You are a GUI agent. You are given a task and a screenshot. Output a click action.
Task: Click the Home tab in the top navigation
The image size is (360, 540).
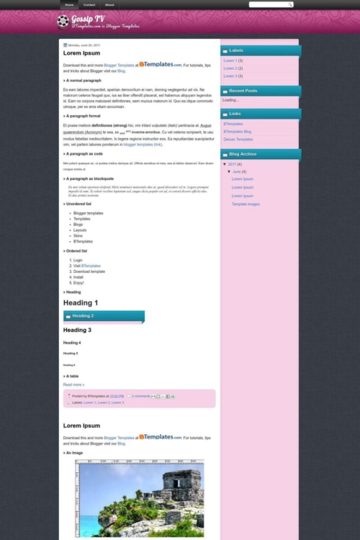point(69,4)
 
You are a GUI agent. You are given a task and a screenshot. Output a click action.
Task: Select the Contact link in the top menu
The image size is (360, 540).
point(89,4)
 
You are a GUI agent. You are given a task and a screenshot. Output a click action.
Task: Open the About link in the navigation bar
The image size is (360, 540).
point(109,4)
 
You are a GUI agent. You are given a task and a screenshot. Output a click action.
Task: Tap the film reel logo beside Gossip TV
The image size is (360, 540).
point(63,21)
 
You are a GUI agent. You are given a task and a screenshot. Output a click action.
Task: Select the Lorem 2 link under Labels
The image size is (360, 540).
point(230,68)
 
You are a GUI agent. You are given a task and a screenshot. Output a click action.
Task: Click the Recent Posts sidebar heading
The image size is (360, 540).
point(243,91)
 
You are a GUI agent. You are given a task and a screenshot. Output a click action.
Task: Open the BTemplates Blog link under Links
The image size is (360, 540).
point(238,132)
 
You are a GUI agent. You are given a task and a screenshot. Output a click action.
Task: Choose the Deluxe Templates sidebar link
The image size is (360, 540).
point(238,139)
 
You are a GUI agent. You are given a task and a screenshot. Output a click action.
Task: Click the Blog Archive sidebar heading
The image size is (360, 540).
point(243,154)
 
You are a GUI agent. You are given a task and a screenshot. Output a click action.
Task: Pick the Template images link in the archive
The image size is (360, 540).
point(246,204)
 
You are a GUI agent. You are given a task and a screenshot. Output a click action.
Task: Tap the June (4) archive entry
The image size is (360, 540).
point(238,171)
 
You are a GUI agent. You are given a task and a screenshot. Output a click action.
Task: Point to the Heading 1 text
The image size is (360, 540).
point(81,303)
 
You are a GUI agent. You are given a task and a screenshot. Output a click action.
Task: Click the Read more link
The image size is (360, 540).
point(73,384)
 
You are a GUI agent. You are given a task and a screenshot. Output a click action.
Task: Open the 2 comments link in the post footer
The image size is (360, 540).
point(141,396)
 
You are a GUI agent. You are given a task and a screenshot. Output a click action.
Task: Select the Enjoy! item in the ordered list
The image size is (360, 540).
point(78,283)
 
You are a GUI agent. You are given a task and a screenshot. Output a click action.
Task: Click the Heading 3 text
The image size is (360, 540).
point(77,330)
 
